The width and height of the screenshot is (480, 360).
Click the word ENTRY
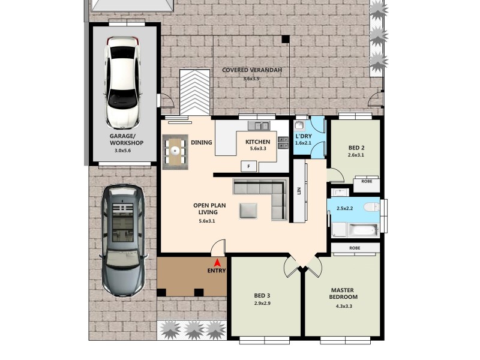(x=217, y=271)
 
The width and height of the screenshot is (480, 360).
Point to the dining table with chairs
(x=175, y=151)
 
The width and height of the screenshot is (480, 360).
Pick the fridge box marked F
(x=248, y=166)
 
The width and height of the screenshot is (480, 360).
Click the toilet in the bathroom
(x=370, y=207)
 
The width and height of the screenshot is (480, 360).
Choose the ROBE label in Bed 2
(x=365, y=180)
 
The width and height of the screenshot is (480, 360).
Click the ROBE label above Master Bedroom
(x=355, y=247)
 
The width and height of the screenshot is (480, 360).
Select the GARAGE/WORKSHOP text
(x=127, y=140)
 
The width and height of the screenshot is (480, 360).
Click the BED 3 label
(x=262, y=295)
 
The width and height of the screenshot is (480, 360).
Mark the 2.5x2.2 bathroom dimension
(x=345, y=208)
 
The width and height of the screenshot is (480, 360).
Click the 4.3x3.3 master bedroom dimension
(x=344, y=307)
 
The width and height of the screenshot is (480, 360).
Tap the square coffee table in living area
(x=248, y=209)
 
